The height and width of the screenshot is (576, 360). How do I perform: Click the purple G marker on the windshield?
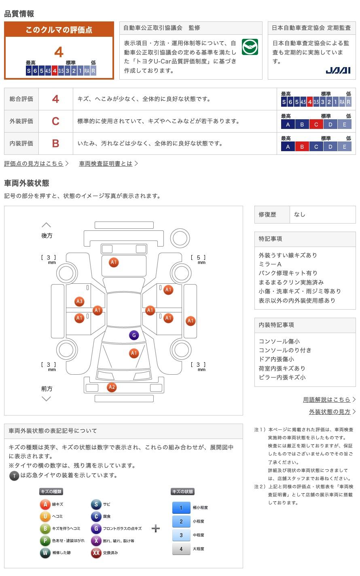(134, 335)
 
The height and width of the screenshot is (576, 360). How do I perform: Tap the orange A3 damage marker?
(79, 301)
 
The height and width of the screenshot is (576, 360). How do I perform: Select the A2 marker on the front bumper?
(112, 387)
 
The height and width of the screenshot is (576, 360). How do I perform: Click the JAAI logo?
(338, 70)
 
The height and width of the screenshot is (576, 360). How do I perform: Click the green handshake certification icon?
(250, 47)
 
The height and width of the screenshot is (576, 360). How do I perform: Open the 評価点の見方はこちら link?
(34, 164)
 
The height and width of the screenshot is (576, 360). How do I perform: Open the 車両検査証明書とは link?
(106, 164)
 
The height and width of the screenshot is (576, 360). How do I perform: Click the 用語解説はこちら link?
(327, 399)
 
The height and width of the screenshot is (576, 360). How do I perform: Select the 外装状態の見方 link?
(330, 411)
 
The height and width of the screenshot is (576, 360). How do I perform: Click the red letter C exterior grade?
(55, 121)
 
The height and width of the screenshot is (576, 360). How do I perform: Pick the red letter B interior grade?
(55, 143)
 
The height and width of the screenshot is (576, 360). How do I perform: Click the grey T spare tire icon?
(14, 476)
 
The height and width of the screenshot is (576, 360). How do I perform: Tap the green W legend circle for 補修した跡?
(45, 553)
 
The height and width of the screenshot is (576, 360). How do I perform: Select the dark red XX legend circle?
(96, 553)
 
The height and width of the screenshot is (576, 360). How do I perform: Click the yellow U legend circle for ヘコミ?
(45, 517)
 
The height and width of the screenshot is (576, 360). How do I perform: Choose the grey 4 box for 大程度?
(181, 549)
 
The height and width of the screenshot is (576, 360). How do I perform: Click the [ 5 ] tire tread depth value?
(198, 257)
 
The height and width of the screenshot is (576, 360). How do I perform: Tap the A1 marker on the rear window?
(114, 262)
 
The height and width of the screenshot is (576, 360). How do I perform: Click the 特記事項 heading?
(271, 239)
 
